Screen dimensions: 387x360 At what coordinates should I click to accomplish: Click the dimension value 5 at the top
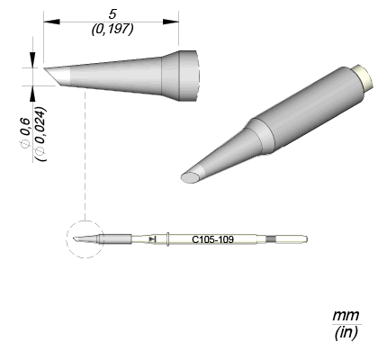click(x=112, y=14)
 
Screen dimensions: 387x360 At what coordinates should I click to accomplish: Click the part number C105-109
click(x=212, y=239)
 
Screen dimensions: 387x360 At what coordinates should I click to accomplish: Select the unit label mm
click(x=346, y=316)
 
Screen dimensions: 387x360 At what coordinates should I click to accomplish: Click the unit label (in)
click(x=346, y=332)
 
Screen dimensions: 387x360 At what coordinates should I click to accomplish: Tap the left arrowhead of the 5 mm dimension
click(x=51, y=22)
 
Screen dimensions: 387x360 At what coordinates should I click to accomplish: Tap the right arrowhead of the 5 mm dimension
click(x=171, y=22)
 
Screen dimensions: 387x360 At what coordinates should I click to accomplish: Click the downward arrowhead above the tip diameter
click(x=32, y=60)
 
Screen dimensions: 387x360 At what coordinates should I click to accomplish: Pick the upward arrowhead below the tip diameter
click(x=32, y=94)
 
